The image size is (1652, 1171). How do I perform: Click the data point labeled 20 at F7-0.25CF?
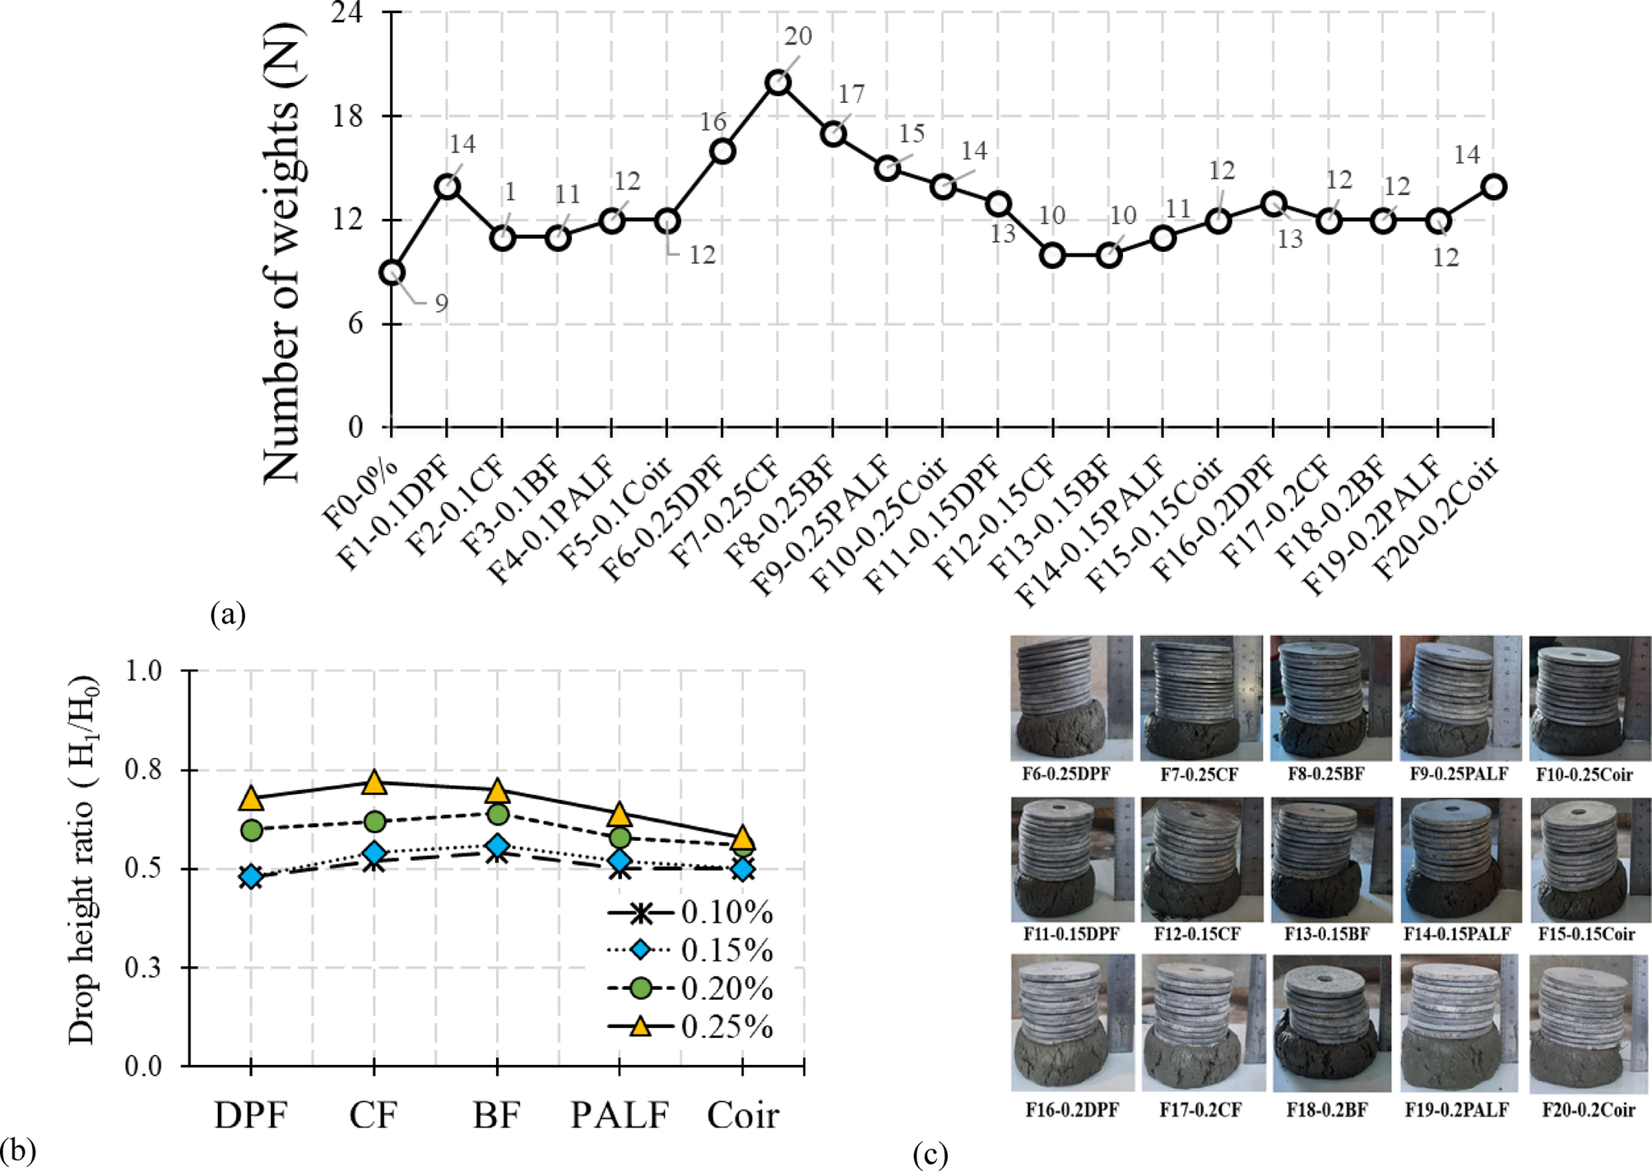(x=777, y=83)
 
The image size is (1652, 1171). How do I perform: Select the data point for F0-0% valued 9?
(x=392, y=273)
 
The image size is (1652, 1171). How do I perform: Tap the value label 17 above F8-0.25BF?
(x=852, y=95)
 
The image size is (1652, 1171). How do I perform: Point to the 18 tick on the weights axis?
(x=347, y=116)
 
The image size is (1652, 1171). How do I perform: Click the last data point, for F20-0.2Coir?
(x=1493, y=187)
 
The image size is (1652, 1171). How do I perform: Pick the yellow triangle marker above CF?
(x=374, y=783)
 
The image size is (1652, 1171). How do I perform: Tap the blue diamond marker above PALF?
(x=620, y=861)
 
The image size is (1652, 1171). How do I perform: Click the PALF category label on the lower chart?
(x=620, y=1116)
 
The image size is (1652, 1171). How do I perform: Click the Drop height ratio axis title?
(x=82, y=860)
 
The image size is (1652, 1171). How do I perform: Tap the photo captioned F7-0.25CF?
(x=1201, y=698)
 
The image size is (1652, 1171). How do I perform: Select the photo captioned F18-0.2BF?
(x=1331, y=1023)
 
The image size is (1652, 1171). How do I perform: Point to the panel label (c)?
(x=930, y=1155)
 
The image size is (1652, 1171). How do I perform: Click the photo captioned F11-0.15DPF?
(x=1072, y=859)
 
